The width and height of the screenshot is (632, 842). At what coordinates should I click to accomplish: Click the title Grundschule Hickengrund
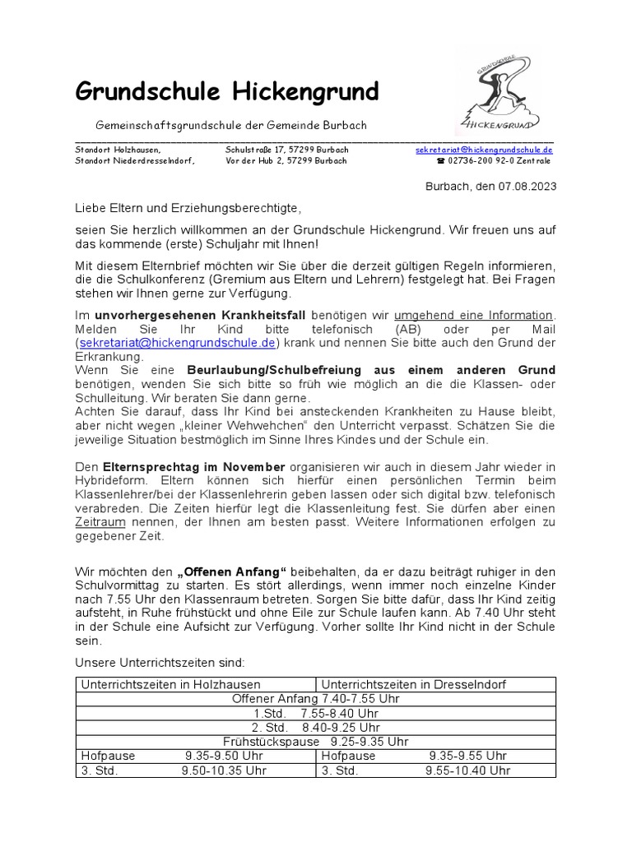point(226,92)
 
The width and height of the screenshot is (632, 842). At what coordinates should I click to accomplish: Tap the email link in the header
point(484,150)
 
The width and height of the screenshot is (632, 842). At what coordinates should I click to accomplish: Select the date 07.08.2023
point(526,186)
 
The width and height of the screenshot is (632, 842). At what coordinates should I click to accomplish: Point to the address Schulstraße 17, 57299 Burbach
point(286,150)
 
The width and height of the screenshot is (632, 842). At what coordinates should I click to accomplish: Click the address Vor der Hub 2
point(255,161)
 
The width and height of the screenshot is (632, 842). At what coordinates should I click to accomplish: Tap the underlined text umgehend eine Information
point(473,315)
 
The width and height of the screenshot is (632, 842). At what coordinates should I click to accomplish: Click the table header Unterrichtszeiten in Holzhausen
point(170,684)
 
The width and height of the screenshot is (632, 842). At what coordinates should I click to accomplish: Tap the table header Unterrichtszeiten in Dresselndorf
point(413,684)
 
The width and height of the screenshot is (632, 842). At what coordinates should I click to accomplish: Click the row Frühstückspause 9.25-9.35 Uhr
point(316,741)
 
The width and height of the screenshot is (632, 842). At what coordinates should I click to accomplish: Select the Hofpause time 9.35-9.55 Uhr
point(467,756)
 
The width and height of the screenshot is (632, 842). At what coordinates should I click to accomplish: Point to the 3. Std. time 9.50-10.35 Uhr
point(224,770)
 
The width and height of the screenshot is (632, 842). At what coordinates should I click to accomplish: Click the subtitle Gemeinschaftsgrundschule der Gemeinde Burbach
point(231,125)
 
